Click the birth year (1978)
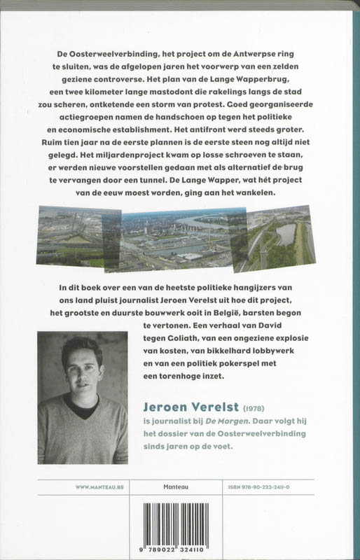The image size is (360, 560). coord(265,407)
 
